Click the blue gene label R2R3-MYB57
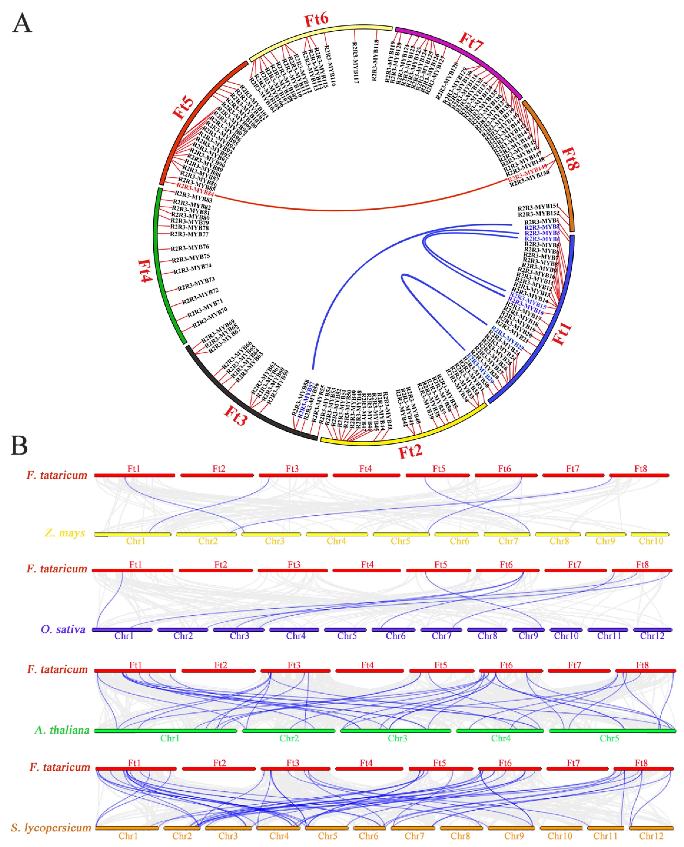tap(306, 399)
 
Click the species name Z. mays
tap(65, 533)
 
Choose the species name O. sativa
tap(63, 629)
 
